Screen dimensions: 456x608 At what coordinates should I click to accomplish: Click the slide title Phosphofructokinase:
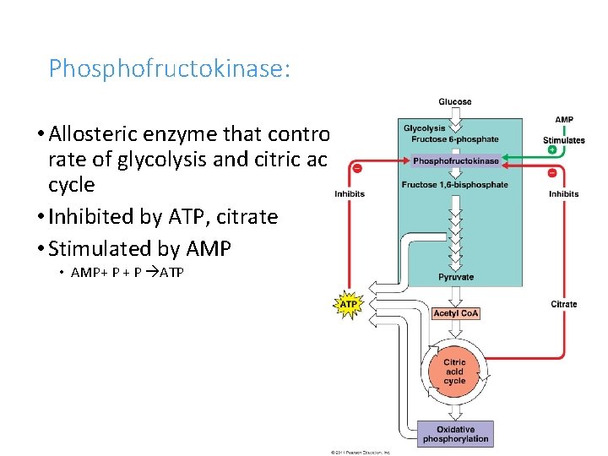pyautogui.click(x=169, y=68)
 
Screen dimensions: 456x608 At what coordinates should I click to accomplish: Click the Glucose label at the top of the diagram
pyautogui.click(x=455, y=102)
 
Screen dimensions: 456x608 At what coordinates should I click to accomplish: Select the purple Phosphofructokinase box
pyautogui.click(x=455, y=160)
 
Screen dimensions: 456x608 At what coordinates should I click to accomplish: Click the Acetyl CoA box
pyautogui.click(x=455, y=313)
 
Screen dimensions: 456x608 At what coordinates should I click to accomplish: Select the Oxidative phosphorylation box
pyautogui.click(x=455, y=434)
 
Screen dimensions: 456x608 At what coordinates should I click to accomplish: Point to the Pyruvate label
pyautogui.click(x=455, y=277)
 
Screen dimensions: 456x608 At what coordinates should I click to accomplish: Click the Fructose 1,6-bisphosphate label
pyautogui.click(x=455, y=185)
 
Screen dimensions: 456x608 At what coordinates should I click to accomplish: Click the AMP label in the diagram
pyautogui.click(x=563, y=120)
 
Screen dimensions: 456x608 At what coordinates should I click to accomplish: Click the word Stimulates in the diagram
pyautogui.click(x=563, y=140)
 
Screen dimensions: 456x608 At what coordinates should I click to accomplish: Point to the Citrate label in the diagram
pyautogui.click(x=563, y=304)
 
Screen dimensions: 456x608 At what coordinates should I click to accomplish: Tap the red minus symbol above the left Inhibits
pyautogui.click(x=357, y=168)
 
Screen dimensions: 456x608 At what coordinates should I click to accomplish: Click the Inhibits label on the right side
pyautogui.click(x=563, y=193)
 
